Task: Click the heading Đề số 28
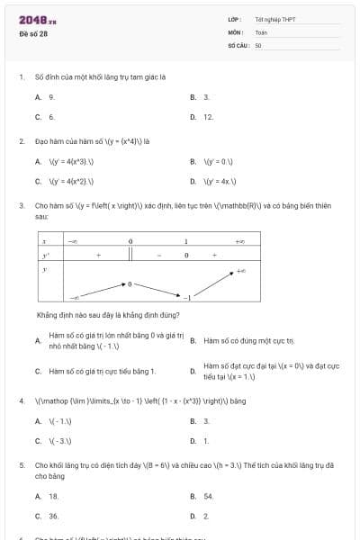coord(33,33)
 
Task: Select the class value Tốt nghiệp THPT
coord(275,19)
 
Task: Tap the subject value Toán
coord(261,31)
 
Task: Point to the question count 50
coord(258,44)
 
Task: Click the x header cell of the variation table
coord(44,242)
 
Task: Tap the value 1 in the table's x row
coord(186,242)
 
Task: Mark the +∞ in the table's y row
coord(240,269)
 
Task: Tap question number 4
coord(21,400)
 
